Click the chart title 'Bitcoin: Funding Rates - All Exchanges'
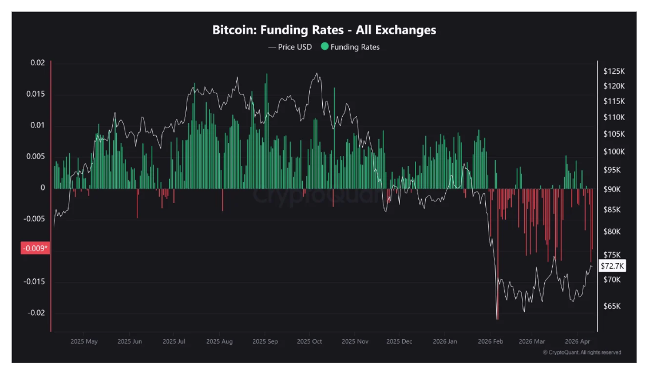[x=324, y=30]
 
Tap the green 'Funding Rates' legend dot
[x=324, y=47]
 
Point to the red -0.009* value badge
[x=35, y=248]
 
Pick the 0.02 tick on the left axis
[x=37, y=63]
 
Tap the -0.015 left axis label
[x=34, y=282]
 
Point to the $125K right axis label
[x=614, y=71]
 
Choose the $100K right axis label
[x=614, y=152]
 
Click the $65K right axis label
[x=612, y=307]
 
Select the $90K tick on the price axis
[x=612, y=189]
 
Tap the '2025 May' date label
[x=84, y=341]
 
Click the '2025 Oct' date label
[x=309, y=341]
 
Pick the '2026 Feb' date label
[x=490, y=341]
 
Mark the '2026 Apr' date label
[x=577, y=341]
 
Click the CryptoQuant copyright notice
[x=582, y=352]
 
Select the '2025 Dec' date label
[x=399, y=341]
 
